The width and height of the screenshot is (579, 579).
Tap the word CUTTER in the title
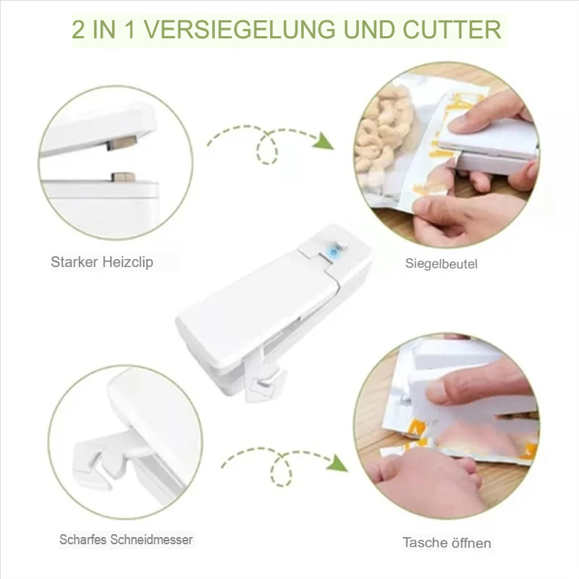(x=452, y=30)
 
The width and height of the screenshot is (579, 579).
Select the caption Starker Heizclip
(x=102, y=262)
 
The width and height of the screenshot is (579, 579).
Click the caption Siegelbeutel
(x=441, y=263)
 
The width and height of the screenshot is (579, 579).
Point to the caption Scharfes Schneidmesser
(x=126, y=539)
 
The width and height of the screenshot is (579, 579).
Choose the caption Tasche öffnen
(x=447, y=543)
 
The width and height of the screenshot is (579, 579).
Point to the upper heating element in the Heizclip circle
(x=122, y=142)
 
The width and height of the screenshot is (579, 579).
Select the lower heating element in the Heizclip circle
(x=123, y=177)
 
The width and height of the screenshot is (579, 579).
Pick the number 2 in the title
(x=78, y=30)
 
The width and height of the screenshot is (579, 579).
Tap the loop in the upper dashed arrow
(x=267, y=148)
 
